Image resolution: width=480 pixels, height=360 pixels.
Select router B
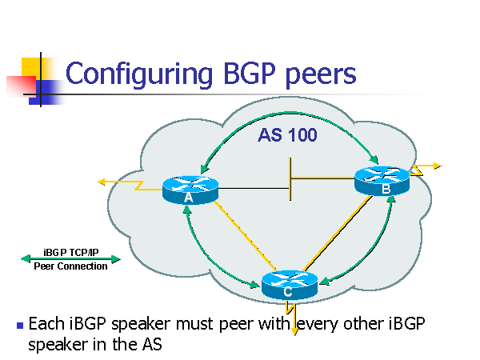click(382, 180)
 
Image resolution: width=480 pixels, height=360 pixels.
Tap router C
click(289, 284)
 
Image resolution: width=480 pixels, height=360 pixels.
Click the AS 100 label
click(287, 135)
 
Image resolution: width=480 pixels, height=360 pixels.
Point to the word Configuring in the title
click(134, 74)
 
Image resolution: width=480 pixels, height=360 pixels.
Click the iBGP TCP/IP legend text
click(70, 252)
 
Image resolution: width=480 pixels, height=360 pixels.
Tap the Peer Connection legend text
click(70, 266)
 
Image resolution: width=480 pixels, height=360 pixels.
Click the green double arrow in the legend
click(70, 259)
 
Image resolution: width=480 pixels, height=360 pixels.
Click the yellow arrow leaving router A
click(120, 183)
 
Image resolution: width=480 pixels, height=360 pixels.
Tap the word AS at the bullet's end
click(150, 346)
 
